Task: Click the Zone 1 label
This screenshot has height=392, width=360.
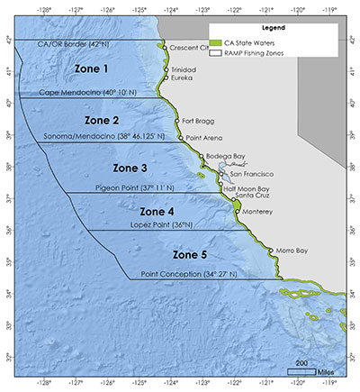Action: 89,69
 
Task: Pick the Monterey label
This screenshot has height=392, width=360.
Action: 259,211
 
